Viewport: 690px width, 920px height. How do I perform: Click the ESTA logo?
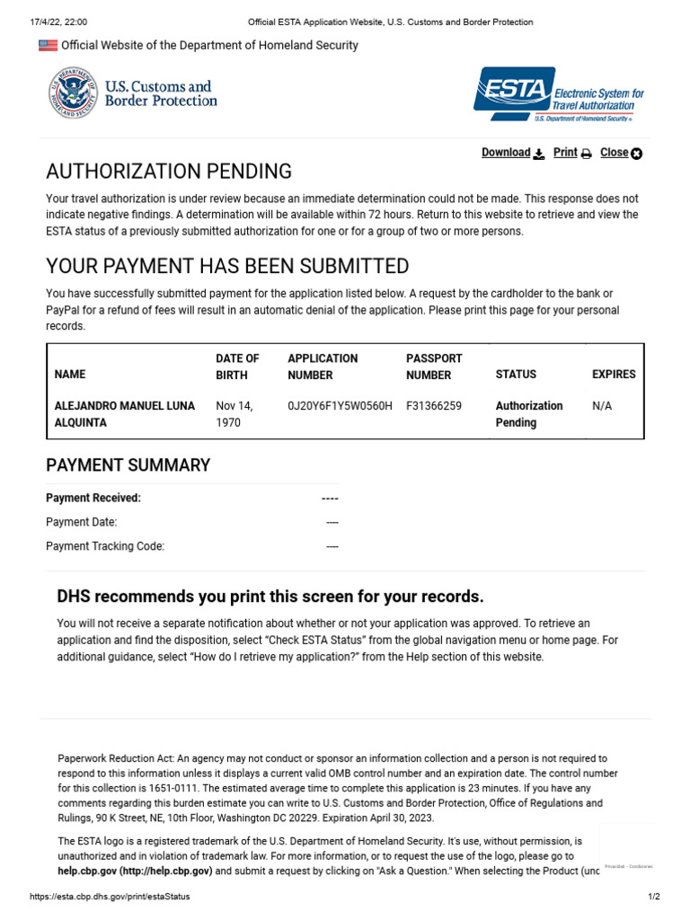pos(558,94)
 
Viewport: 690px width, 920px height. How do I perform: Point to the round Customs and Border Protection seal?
pos(73,94)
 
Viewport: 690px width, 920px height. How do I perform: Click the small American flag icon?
pos(48,45)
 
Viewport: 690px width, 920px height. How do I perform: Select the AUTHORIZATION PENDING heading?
pos(169,171)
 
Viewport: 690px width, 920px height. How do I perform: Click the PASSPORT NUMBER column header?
pos(434,367)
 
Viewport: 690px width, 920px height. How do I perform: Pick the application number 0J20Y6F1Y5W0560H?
pos(340,406)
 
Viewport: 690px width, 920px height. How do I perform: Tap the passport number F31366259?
pos(434,406)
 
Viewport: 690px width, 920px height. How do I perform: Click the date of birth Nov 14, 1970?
pos(234,414)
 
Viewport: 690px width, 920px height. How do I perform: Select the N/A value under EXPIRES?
pos(602,406)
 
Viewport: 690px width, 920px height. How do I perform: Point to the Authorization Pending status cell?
pos(529,414)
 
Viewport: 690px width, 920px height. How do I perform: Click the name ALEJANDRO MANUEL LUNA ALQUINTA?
pos(125,414)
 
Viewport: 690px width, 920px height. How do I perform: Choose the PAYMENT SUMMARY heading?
pos(128,465)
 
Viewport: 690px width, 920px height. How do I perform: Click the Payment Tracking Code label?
pos(105,546)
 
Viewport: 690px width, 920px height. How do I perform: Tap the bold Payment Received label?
pos(93,498)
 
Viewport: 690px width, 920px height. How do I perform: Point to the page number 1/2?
pos(654,897)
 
